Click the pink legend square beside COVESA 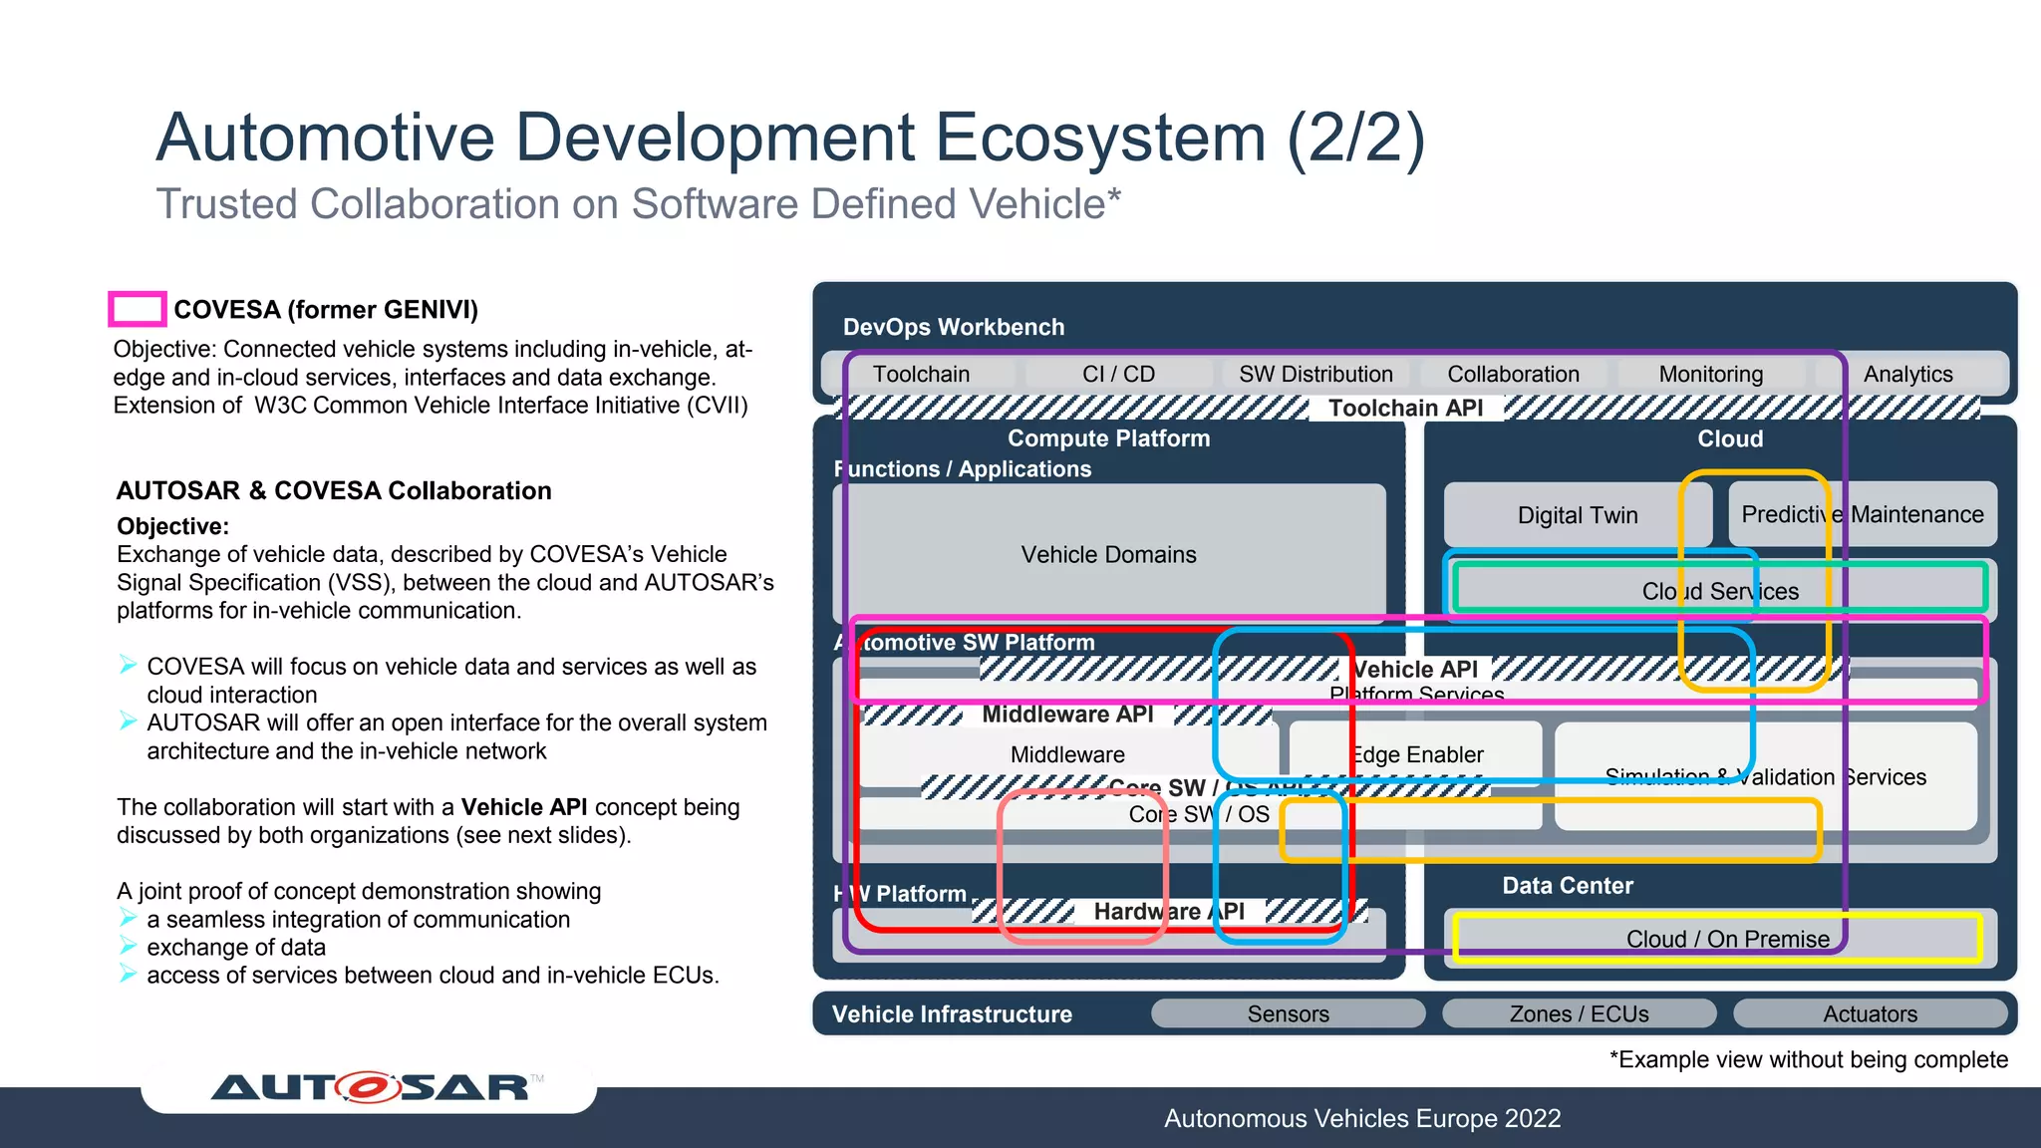pyautogui.click(x=137, y=309)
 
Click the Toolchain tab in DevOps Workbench pyautogui.click(x=921, y=374)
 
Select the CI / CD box pyautogui.click(x=1118, y=374)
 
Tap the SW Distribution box pyautogui.click(x=1315, y=374)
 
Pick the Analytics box pyautogui.click(x=1907, y=374)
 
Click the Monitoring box pyautogui.click(x=1710, y=374)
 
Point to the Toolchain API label pyautogui.click(x=1405, y=408)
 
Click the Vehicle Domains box pyautogui.click(x=1108, y=554)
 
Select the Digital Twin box pyautogui.click(x=1577, y=515)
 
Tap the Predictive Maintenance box pyautogui.click(x=1862, y=514)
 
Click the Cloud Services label pyautogui.click(x=1720, y=591)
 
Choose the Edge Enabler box pyautogui.click(x=1417, y=754)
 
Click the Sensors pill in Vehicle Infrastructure pyautogui.click(x=1288, y=1013)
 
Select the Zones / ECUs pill pyautogui.click(x=1579, y=1013)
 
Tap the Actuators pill pyautogui.click(x=1870, y=1013)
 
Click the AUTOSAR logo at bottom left pyautogui.click(x=369, y=1087)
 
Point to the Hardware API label pyautogui.click(x=1168, y=911)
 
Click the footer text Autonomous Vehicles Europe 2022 pyautogui.click(x=1361, y=1118)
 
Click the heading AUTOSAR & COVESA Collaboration pyautogui.click(x=334, y=490)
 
